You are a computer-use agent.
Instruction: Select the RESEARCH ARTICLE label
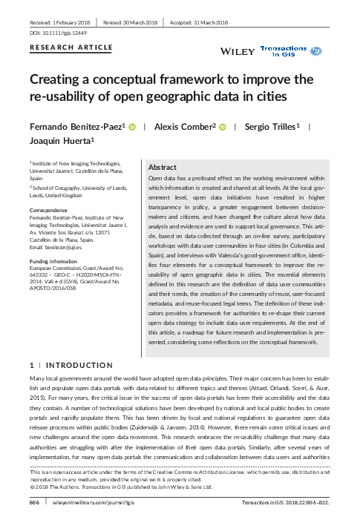point(71,47)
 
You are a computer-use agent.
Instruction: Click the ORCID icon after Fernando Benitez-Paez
point(132,127)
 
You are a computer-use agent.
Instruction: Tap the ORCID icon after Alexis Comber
point(222,127)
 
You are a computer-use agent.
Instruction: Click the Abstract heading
point(163,168)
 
